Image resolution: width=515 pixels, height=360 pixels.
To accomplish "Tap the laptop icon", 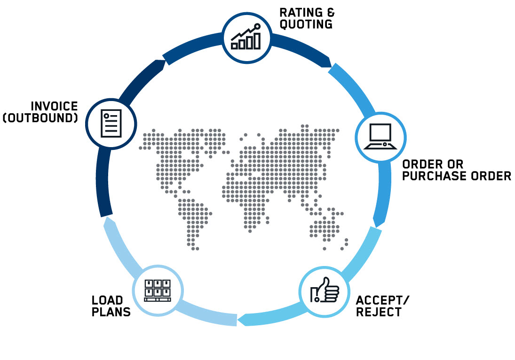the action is pos(380,136).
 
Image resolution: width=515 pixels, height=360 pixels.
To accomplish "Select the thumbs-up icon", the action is pos(325,290).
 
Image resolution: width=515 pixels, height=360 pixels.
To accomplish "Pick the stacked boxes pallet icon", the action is pos(158,290).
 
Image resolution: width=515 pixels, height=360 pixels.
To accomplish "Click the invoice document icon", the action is pos(111,124).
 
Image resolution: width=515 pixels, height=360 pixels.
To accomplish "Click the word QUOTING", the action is pos(306,24).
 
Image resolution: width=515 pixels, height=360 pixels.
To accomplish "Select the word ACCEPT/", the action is pos(383,300).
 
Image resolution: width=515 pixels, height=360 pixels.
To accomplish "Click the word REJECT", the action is pos(379,312).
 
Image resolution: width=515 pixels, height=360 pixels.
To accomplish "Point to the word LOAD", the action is pos(107,300).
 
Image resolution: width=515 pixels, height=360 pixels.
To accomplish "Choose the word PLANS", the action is pos(111,312).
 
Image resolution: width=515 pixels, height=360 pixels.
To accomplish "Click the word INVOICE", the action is pos(54,106).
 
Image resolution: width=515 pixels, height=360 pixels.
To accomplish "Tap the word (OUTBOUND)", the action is pos(40,118).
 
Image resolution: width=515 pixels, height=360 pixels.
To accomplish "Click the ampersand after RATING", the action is pos(331,13).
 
